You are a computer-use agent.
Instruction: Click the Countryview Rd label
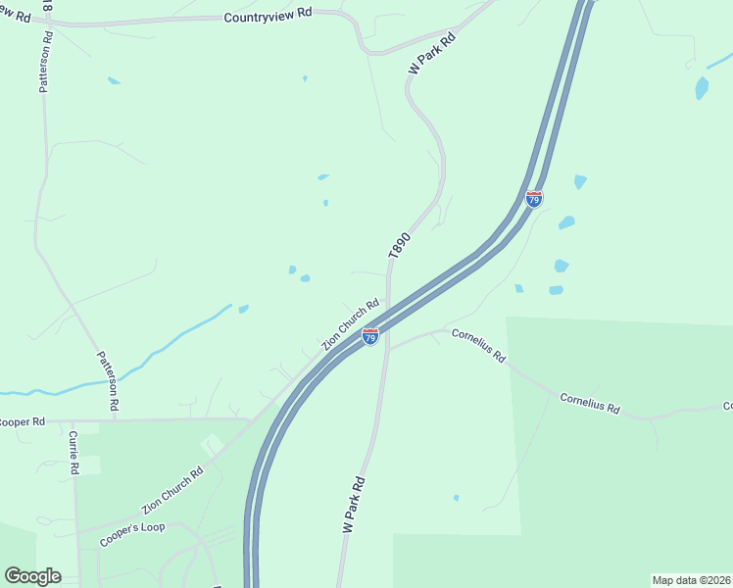tap(268, 17)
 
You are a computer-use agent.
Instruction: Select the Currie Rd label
tap(73, 454)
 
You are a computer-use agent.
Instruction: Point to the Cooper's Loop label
tap(131, 534)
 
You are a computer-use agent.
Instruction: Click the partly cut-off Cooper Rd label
tap(23, 421)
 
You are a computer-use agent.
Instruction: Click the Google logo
tap(32, 575)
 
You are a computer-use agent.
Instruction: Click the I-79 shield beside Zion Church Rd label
tap(370, 336)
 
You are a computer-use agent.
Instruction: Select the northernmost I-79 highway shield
tap(534, 199)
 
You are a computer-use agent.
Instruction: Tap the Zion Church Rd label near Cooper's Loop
tap(171, 491)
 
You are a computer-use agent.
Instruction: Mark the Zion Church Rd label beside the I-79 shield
tap(350, 325)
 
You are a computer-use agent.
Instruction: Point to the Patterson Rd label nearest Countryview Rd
tap(44, 67)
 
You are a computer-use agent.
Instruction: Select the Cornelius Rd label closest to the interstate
tap(477, 345)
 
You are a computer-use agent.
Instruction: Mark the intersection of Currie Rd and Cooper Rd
tap(72, 421)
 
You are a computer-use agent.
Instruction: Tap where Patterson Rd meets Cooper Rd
tap(115, 419)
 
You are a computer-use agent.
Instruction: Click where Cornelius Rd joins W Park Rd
tap(387, 348)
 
